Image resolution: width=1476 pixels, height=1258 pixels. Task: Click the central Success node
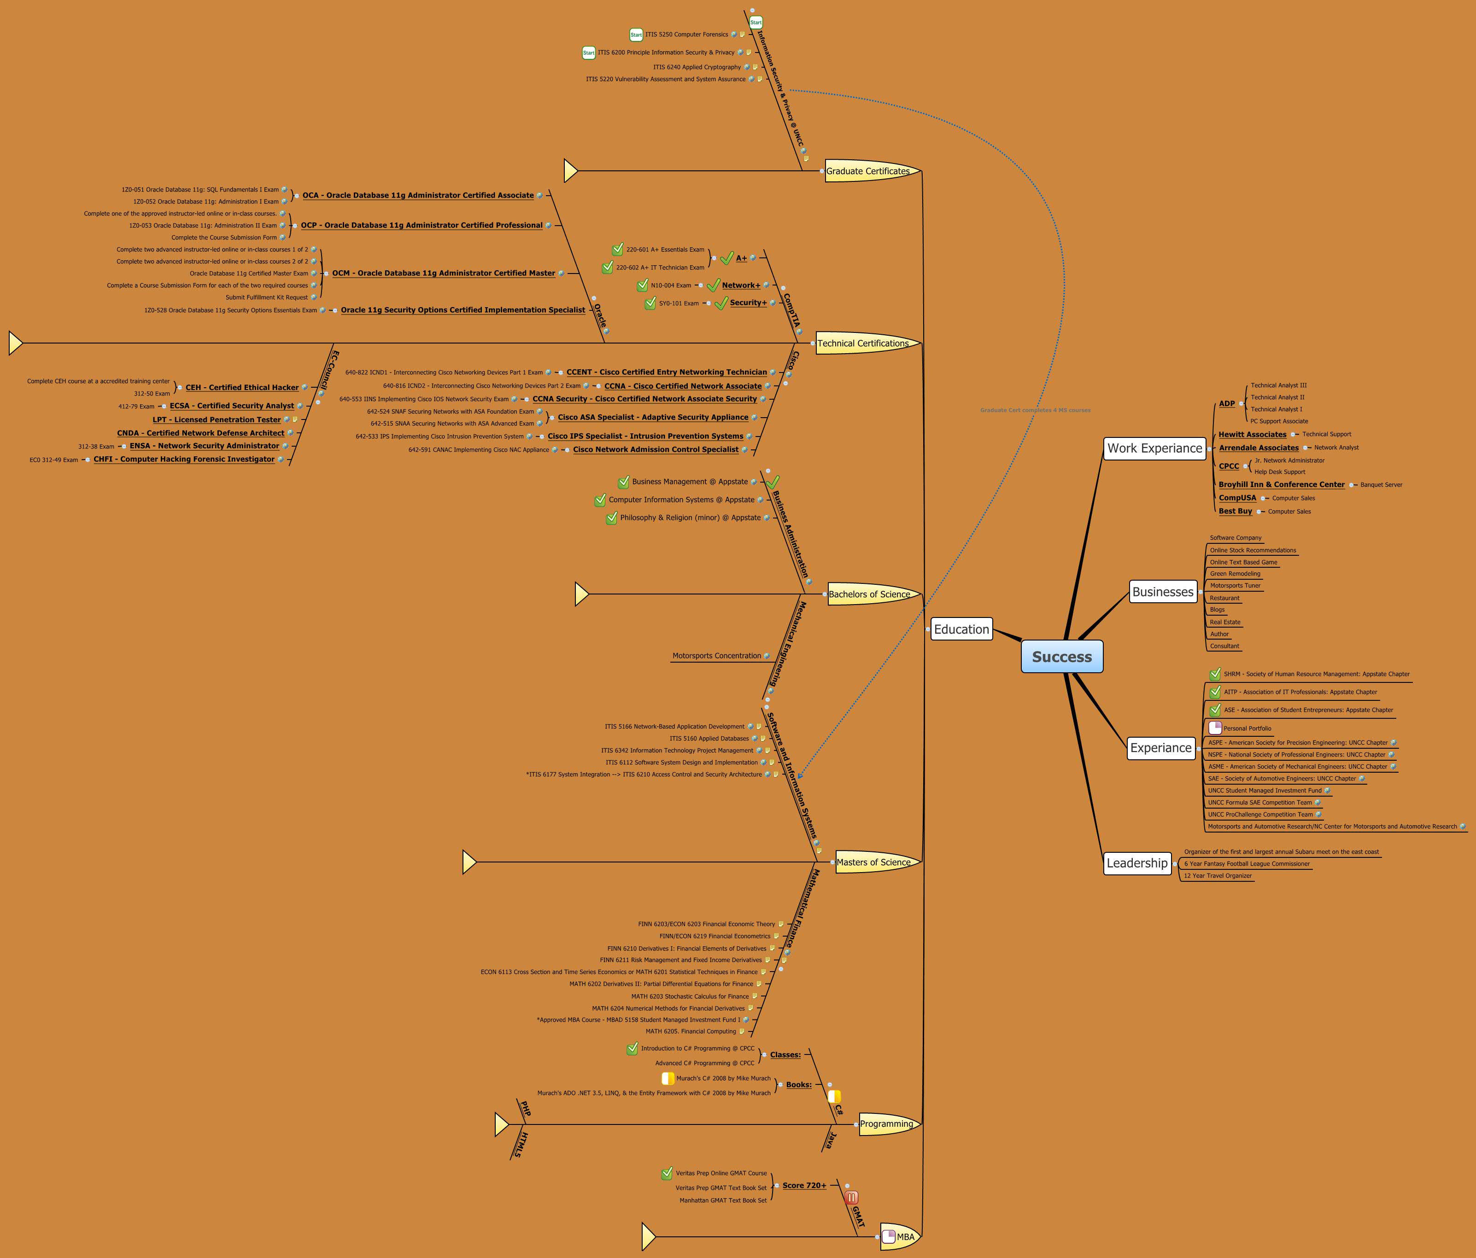click(1061, 657)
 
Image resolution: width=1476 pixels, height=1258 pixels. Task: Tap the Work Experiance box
click(1154, 448)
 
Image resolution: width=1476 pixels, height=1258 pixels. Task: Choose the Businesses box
click(1163, 592)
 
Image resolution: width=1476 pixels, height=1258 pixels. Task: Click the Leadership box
click(1137, 863)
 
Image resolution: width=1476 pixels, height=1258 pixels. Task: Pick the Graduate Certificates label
click(867, 171)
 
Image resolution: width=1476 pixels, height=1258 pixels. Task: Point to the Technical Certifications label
click(863, 343)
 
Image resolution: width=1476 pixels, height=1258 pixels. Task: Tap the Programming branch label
click(886, 1124)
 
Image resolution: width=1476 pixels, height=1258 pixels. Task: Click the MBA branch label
click(905, 1237)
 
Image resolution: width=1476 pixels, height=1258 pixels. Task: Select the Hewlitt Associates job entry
click(1252, 434)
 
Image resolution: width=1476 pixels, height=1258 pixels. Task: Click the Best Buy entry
click(1235, 511)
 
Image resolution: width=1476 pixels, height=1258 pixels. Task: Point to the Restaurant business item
click(1224, 598)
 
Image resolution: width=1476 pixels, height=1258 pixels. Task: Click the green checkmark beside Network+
click(713, 285)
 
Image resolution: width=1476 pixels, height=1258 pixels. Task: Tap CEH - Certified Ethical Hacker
click(242, 387)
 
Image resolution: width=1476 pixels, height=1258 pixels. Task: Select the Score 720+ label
click(804, 1185)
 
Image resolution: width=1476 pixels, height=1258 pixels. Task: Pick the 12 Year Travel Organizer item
click(1218, 876)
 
